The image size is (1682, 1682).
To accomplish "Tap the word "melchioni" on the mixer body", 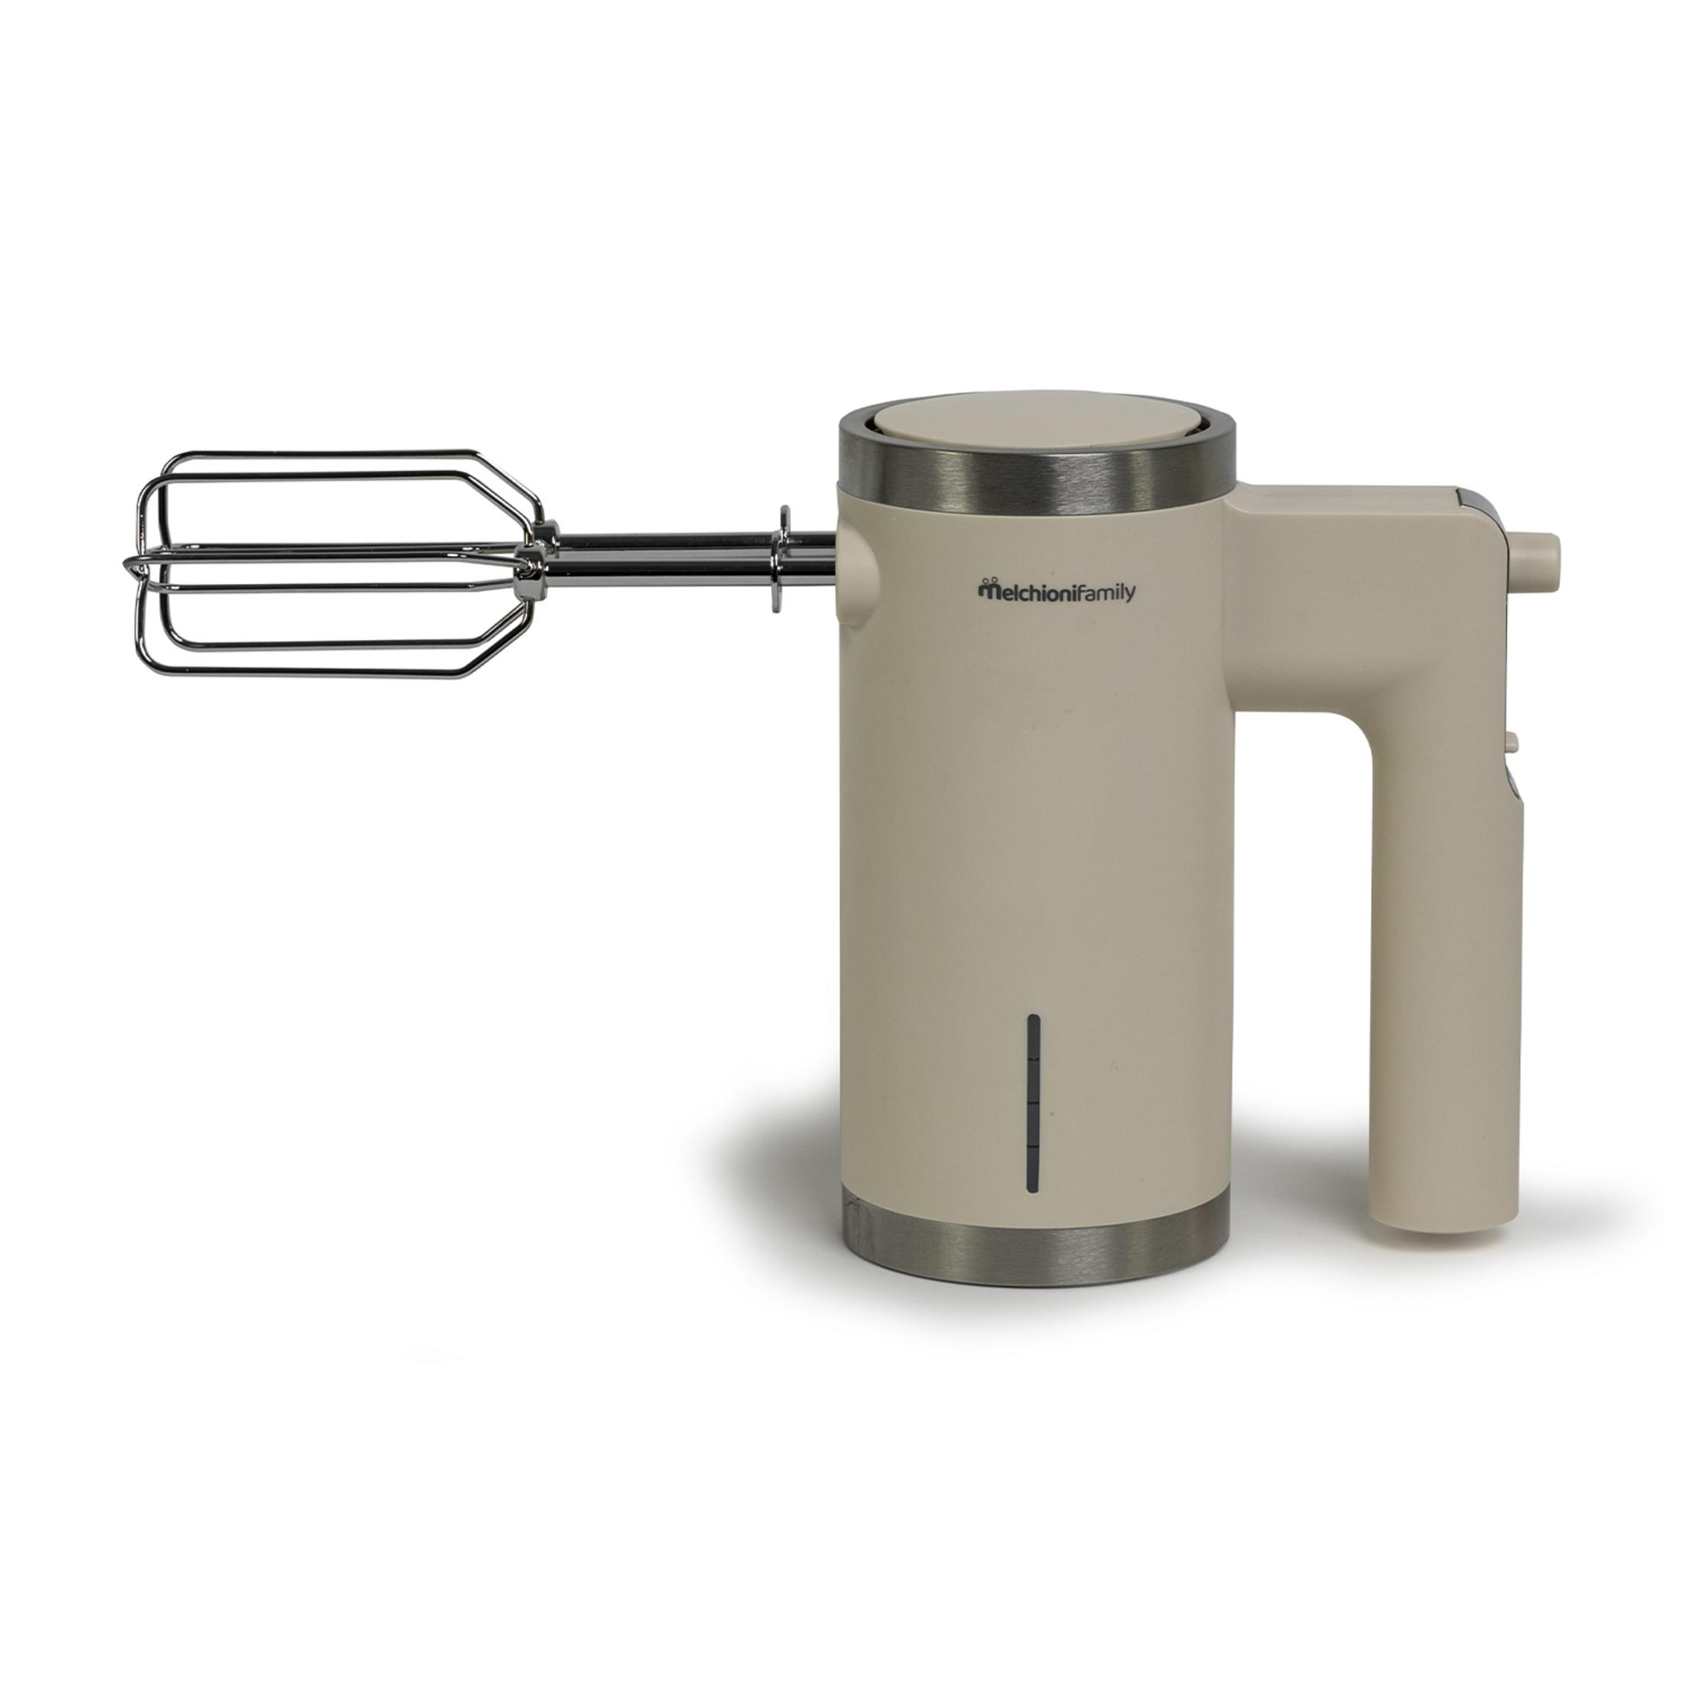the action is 1021,591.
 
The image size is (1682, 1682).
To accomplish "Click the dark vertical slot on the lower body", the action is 1034,1101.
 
